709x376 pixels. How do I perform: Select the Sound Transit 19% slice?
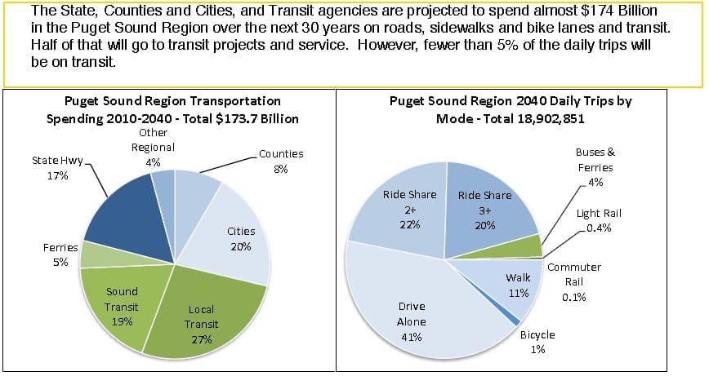[123, 302]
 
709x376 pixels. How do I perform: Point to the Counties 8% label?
[280, 161]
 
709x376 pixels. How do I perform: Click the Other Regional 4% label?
[153, 146]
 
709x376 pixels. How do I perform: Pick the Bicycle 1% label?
[537, 342]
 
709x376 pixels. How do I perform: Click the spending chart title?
[172, 109]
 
